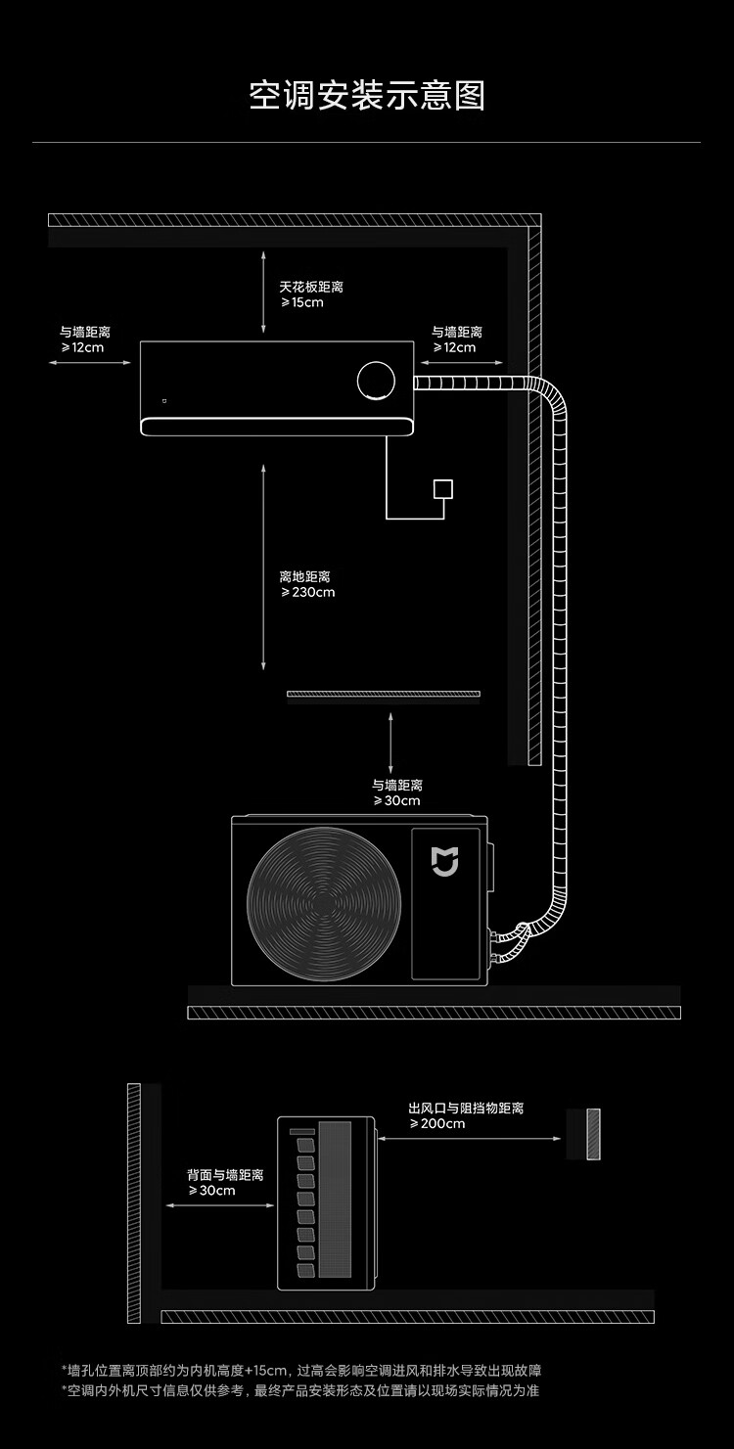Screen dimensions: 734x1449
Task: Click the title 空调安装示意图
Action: point(367,96)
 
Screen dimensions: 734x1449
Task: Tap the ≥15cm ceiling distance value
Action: point(301,302)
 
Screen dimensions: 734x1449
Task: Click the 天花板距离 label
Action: point(311,287)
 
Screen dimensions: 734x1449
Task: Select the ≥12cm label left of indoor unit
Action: point(82,347)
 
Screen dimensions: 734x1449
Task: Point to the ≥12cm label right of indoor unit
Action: point(454,347)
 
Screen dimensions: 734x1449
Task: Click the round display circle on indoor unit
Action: point(377,381)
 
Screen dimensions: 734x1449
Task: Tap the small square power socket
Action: point(443,488)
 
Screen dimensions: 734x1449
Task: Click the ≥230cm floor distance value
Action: point(307,592)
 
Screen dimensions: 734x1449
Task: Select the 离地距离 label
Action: point(304,576)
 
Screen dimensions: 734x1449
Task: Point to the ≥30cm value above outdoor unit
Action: point(396,800)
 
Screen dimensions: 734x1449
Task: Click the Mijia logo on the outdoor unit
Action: point(445,861)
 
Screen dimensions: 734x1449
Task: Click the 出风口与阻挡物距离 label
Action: point(466,1108)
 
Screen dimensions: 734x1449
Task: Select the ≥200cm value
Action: point(436,1123)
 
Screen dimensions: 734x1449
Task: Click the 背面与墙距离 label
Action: point(225,1174)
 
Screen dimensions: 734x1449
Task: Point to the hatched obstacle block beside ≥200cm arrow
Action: point(593,1134)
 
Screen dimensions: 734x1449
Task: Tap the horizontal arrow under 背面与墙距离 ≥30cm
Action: point(220,1205)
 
